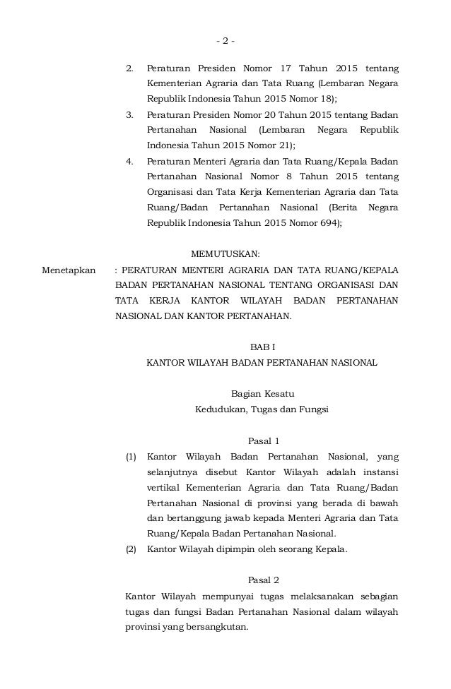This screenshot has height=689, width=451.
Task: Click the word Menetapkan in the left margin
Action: click(x=69, y=270)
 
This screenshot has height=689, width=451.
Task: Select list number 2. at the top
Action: click(x=129, y=68)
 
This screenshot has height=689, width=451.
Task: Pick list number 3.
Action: click(x=129, y=114)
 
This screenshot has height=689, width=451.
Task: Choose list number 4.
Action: click(x=129, y=161)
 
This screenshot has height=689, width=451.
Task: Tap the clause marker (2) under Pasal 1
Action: click(x=131, y=549)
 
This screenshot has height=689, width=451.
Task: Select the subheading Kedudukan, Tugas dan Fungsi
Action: click(x=262, y=409)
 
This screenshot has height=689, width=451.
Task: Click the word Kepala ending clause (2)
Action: click(x=329, y=549)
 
